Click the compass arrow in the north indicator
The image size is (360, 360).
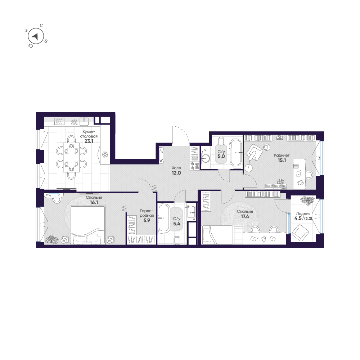click(x=35, y=36)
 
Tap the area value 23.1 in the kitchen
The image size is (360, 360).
click(x=89, y=141)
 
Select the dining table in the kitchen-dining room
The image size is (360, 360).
click(x=71, y=158)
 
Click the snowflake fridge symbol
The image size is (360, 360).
click(x=105, y=155)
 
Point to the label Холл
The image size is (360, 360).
click(x=176, y=168)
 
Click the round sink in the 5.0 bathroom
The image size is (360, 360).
click(x=207, y=157)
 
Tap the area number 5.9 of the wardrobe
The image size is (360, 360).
click(x=147, y=221)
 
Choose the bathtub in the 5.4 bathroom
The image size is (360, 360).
click(x=164, y=218)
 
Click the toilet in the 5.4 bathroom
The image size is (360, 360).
click(x=177, y=240)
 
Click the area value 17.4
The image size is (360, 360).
click(x=244, y=217)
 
